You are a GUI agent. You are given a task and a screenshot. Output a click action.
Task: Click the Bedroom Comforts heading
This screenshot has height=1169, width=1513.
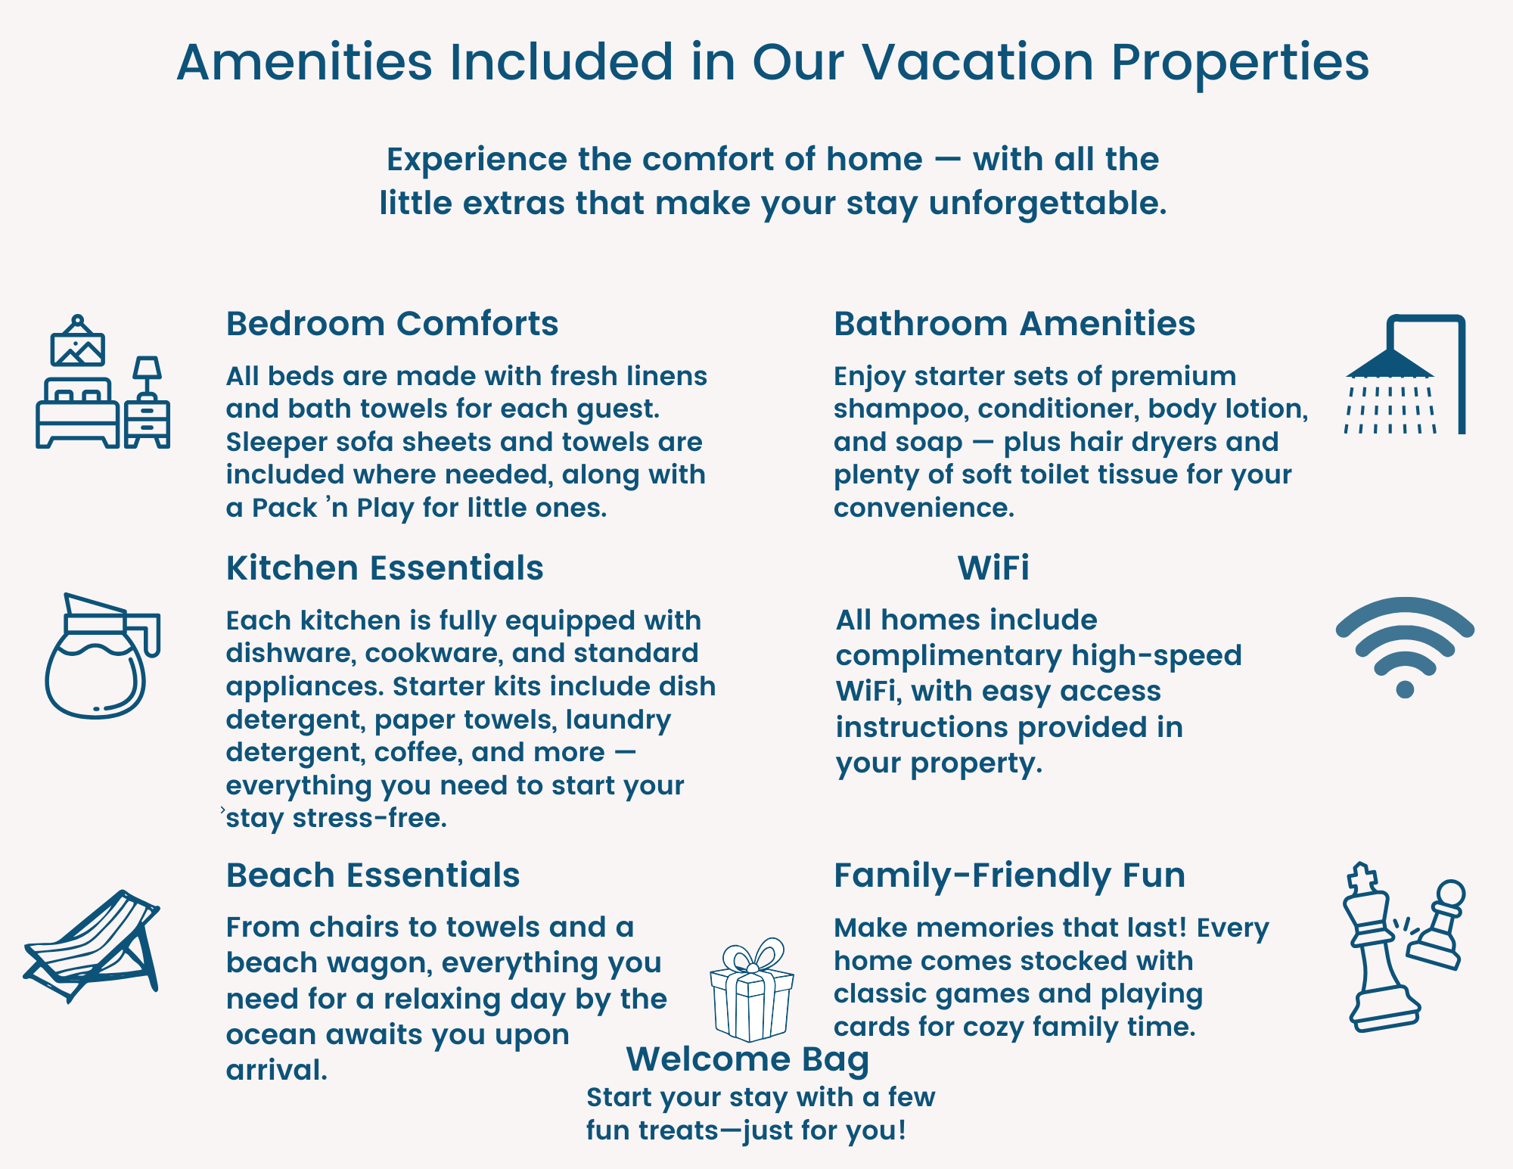coord(392,324)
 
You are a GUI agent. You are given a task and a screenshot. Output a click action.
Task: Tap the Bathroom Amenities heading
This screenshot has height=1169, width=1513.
coord(1014,324)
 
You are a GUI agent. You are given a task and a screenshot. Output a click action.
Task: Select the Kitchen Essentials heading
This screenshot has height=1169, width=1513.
coord(384,567)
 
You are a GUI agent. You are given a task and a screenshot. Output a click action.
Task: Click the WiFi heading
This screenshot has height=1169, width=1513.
coord(993,567)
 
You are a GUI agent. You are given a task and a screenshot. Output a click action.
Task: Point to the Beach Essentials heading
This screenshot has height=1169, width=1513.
coord(373,875)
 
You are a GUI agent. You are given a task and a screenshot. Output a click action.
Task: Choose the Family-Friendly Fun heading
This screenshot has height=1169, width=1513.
coord(1009,875)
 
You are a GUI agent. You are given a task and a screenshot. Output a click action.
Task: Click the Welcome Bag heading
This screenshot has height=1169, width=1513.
coord(747,1060)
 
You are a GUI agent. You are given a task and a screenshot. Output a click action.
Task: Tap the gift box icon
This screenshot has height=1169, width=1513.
coord(752,990)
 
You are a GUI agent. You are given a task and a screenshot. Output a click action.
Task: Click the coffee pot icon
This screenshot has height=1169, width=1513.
coord(101,655)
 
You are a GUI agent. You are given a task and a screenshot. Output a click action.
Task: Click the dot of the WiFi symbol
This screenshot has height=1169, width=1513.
coord(1405,689)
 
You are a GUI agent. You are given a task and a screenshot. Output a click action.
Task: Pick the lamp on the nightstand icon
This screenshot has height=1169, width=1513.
coord(147,378)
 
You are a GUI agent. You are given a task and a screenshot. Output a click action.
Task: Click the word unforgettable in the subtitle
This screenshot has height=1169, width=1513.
coord(1048,204)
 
